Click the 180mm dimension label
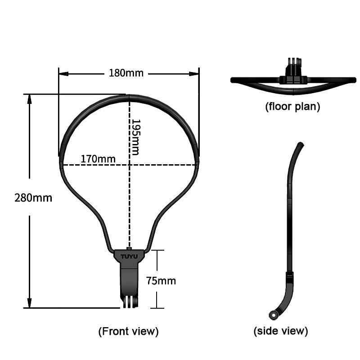(x=126, y=73)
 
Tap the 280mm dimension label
(x=33, y=198)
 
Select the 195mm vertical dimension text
(x=135, y=137)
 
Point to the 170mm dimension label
(x=98, y=159)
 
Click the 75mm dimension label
(x=161, y=281)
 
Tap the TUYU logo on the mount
(x=129, y=256)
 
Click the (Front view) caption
(x=128, y=332)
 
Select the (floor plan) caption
(x=292, y=107)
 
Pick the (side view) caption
(x=280, y=331)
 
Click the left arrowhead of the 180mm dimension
(x=63, y=74)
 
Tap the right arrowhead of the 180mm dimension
(x=194, y=74)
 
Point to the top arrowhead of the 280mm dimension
(x=29, y=99)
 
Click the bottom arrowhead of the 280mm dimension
(x=29, y=303)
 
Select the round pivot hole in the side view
(x=273, y=315)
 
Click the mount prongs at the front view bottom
(x=130, y=301)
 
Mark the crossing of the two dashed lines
(x=130, y=165)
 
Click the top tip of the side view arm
(x=301, y=144)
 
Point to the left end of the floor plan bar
(x=231, y=80)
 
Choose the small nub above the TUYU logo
(x=129, y=248)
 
